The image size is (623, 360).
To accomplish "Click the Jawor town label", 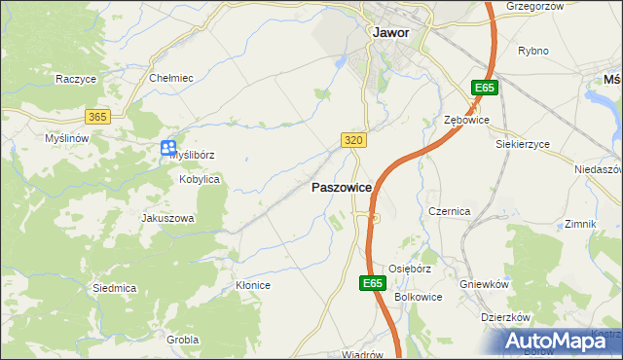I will pyautogui.click(x=390, y=31).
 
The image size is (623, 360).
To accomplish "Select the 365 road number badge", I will pyautogui.click(x=97, y=117).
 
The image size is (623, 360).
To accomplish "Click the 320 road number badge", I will pyautogui.click(x=354, y=140).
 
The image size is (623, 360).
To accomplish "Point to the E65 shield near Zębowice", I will pyautogui.click(x=485, y=89).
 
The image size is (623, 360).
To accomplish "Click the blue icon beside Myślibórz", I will pyautogui.click(x=168, y=148).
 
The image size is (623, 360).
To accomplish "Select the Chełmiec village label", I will pyautogui.click(x=170, y=78).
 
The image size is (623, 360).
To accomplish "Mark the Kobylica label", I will pyautogui.click(x=200, y=180).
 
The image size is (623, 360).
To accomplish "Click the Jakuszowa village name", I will pyautogui.click(x=167, y=219).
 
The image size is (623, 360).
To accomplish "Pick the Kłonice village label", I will pyautogui.click(x=252, y=285).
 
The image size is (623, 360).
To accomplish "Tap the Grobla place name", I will pyautogui.click(x=182, y=340).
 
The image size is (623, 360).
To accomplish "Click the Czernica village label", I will pyautogui.click(x=450, y=211).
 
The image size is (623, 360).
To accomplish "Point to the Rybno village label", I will pyautogui.click(x=533, y=51).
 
